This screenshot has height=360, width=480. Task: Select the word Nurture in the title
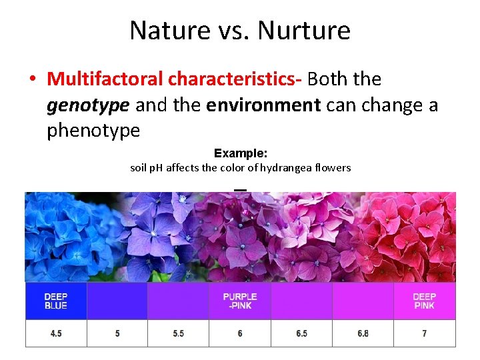tap(304, 31)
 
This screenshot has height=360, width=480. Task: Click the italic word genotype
tap(89, 105)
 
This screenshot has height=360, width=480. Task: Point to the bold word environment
tap(263, 105)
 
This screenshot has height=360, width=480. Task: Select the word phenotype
tap(93, 130)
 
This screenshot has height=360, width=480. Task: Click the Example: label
tap(241, 153)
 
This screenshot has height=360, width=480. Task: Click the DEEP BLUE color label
tap(56, 301)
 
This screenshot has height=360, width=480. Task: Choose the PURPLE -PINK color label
tap(240, 301)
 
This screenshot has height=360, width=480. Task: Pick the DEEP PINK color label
tap(425, 301)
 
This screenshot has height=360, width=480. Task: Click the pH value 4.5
tap(56, 333)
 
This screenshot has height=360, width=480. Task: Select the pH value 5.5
tap(178, 333)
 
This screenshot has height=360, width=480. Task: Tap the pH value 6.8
tap(363, 333)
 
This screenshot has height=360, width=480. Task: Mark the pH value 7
tap(425, 333)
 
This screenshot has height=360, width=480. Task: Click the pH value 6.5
tap(301, 333)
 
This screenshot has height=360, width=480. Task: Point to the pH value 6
tap(240, 333)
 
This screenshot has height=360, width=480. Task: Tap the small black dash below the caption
tap(241, 190)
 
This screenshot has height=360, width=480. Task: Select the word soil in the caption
tap(139, 168)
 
